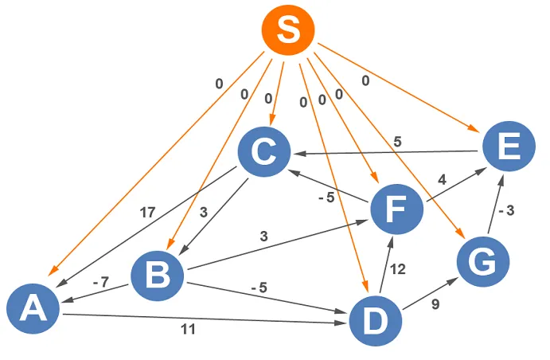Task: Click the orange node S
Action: tap(287, 29)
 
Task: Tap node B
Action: tap(158, 277)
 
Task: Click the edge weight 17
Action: tap(147, 213)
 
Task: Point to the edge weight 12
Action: tap(399, 269)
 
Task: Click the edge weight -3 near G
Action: tap(507, 211)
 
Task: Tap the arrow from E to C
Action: tap(390, 151)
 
